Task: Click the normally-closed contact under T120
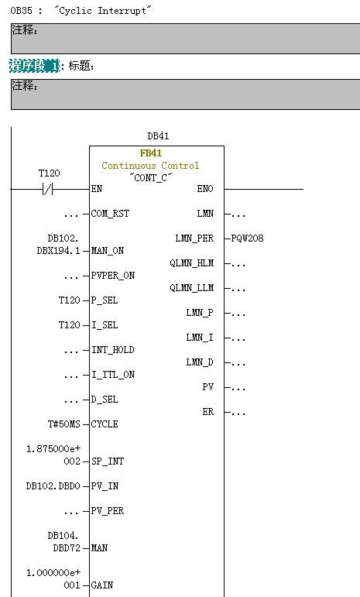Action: click(47, 189)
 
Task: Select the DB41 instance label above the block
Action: click(158, 136)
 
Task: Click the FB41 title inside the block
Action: click(151, 153)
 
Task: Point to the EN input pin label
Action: click(97, 188)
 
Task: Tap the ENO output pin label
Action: click(205, 188)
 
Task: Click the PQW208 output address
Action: click(247, 238)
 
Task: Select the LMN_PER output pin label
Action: click(194, 238)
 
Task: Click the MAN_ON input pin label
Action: click(108, 251)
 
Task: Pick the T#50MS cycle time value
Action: click(64, 424)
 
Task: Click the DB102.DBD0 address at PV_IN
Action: click(53, 485)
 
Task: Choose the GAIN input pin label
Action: click(102, 585)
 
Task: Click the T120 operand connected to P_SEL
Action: click(69, 300)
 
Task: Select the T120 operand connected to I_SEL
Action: click(69, 324)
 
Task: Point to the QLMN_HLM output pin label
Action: click(192, 263)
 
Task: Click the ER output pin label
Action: click(207, 412)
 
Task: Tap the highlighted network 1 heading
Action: click(34, 66)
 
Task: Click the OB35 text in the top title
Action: click(22, 11)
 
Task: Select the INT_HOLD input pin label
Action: click(112, 349)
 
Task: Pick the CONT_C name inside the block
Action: click(151, 177)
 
